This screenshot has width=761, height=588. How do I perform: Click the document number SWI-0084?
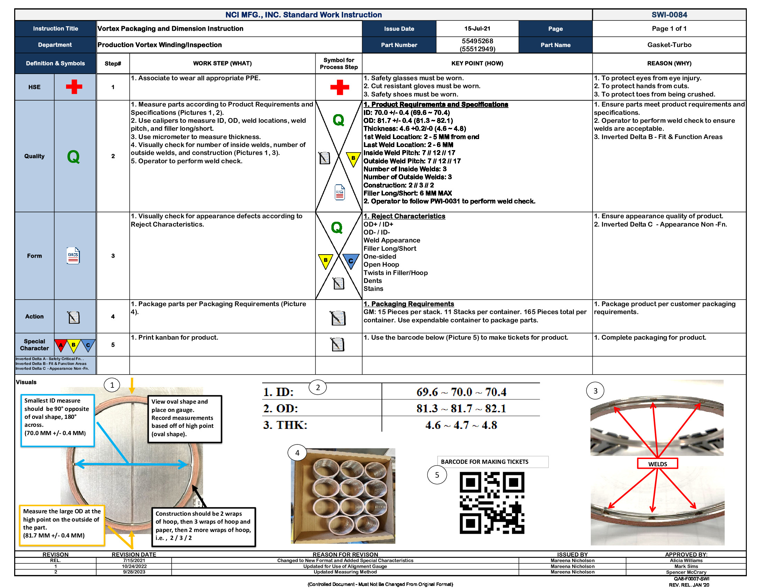pos(669,15)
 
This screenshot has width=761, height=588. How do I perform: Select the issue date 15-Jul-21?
pos(477,29)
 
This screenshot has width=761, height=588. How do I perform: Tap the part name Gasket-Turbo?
pos(669,45)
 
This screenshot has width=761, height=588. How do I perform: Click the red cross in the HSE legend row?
pos(74,87)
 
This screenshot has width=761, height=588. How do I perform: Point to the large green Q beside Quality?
pos(74,156)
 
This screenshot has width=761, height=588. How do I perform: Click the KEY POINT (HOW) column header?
pos(477,63)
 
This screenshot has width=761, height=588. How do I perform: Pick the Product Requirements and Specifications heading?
pos(436,104)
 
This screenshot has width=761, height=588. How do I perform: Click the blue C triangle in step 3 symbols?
pos(350,261)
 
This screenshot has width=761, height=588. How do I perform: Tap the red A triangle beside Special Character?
pos(61,345)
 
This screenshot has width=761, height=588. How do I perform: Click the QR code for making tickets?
pos(492,503)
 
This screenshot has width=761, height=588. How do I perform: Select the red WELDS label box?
pos(657,463)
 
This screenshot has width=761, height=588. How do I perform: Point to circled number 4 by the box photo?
pos(297,453)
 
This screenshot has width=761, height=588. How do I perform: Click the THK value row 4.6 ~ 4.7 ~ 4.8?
pos(461,425)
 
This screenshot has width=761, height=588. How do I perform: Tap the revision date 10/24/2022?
pos(134,567)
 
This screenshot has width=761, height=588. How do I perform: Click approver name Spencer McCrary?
pos(686,572)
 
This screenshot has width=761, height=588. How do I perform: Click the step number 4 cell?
pos(113,316)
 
